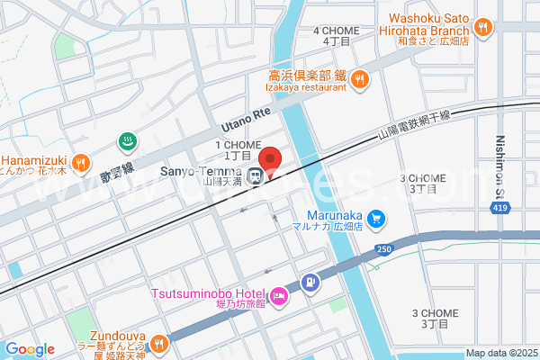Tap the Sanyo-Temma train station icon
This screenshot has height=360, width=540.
256,175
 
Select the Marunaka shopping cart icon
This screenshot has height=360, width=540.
377,218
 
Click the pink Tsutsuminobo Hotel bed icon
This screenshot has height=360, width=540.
278,295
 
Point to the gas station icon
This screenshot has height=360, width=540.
310,283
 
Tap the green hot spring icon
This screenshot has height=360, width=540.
128,140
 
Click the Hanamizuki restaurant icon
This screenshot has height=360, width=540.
80,163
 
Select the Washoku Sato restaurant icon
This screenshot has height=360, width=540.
483,28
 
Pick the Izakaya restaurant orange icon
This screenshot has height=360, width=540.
359,80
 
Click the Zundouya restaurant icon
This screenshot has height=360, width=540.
158,343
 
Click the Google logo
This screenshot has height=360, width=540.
29,349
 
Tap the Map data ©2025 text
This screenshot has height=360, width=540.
501,353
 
